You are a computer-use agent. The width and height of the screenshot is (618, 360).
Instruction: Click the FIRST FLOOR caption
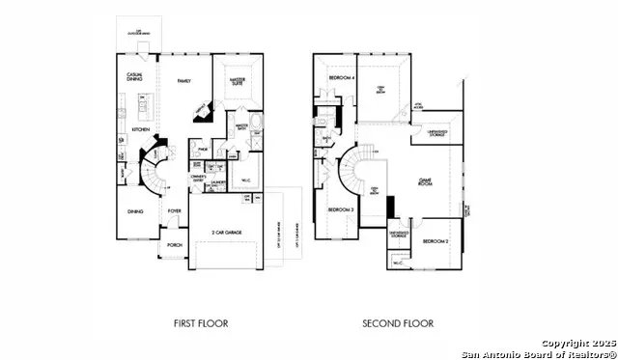[201, 323]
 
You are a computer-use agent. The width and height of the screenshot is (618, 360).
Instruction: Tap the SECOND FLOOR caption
[398, 323]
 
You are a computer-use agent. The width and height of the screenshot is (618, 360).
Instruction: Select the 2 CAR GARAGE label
[225, 233]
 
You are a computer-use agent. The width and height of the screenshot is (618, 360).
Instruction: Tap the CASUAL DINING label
[135, 76]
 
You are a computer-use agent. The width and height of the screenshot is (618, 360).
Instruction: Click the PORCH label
[175, 245]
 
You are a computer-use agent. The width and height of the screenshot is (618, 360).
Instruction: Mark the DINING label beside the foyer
[135, 211]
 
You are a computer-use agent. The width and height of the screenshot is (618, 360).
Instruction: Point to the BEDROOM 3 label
[339, 209]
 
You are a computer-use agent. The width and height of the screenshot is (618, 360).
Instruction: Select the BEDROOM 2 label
[435, 240]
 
